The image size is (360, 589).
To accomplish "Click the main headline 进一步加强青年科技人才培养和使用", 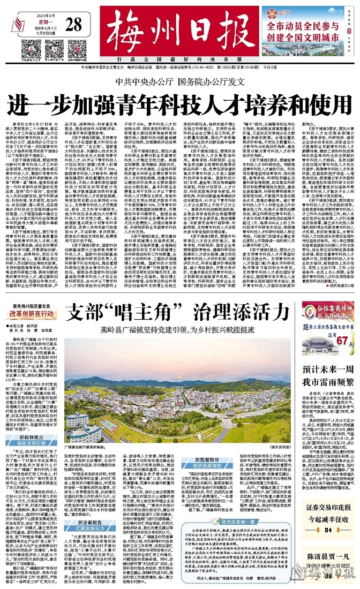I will click(x=179, y=102).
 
